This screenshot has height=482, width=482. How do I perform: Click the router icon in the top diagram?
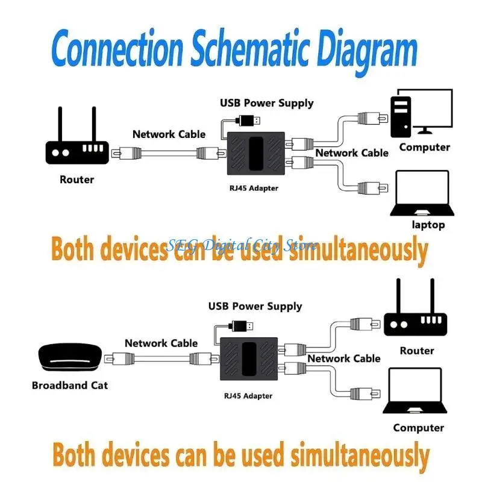point(77,145)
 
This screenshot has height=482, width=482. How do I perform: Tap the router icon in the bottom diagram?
point(416,317)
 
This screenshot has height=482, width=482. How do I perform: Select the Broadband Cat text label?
point(70,384)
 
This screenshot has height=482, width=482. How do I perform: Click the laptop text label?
point(428,225)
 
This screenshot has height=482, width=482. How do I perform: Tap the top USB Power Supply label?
point(267,103)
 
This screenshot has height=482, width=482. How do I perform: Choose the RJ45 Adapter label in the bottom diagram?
point(247,396)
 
